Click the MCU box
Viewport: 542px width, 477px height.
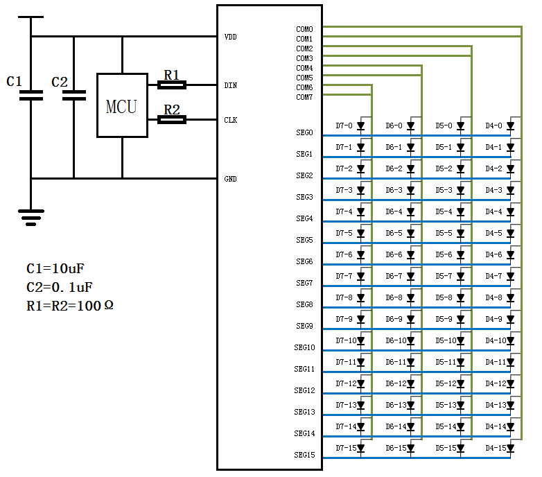point(123,105)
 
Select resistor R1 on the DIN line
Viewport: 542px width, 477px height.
point(172,85)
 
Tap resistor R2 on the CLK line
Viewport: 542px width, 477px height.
point(172,119)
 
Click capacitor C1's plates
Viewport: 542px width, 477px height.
point(31,96)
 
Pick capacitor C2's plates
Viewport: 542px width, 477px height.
point(74,96)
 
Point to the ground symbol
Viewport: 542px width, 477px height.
point(31,218)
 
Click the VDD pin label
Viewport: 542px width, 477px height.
point(231,37)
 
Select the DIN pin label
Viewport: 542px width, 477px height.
point(231,85)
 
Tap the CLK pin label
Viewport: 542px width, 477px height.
point(231,120)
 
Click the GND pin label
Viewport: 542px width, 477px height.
point(231,179)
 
